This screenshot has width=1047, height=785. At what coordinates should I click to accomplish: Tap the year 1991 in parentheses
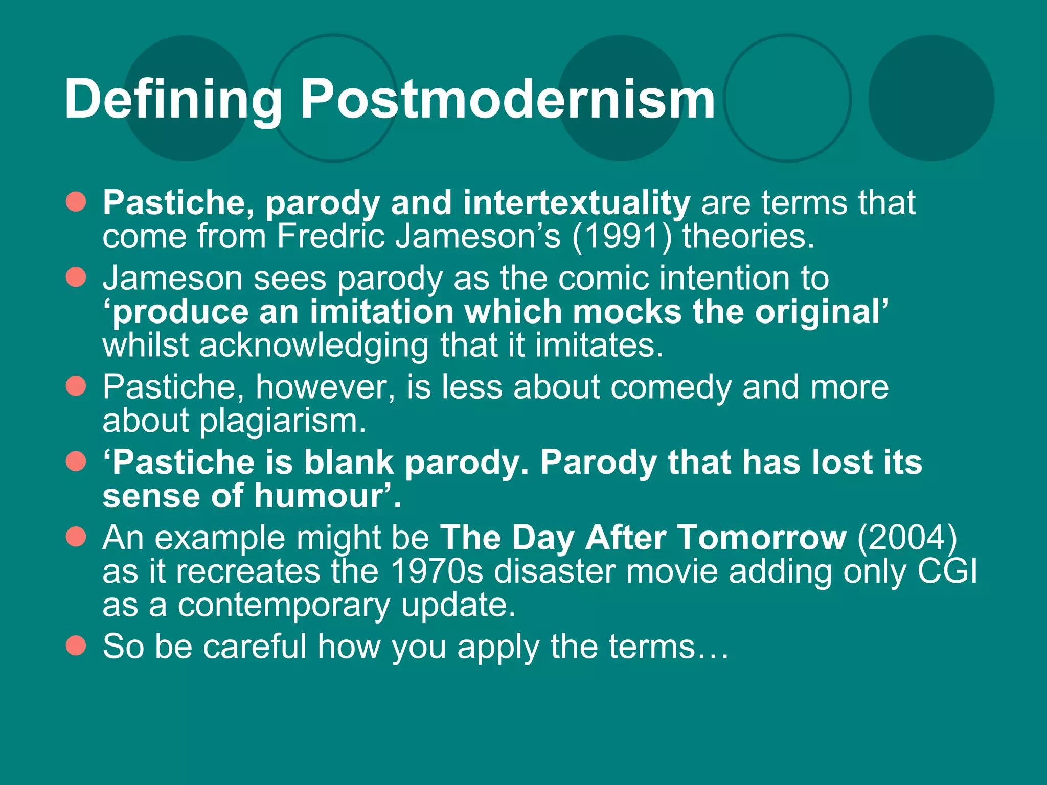pos(622,237)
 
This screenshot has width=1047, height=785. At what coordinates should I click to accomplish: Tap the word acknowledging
pos(314,346)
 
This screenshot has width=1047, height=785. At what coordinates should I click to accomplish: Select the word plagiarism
pos(282,421)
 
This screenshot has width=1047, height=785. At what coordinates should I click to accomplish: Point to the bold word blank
pos(349,463)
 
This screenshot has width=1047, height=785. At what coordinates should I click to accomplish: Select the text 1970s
pos(437,571)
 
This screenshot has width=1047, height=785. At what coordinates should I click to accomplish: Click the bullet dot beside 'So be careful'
pos(76,645)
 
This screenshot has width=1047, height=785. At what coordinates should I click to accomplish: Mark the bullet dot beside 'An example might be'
pos(76,537)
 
